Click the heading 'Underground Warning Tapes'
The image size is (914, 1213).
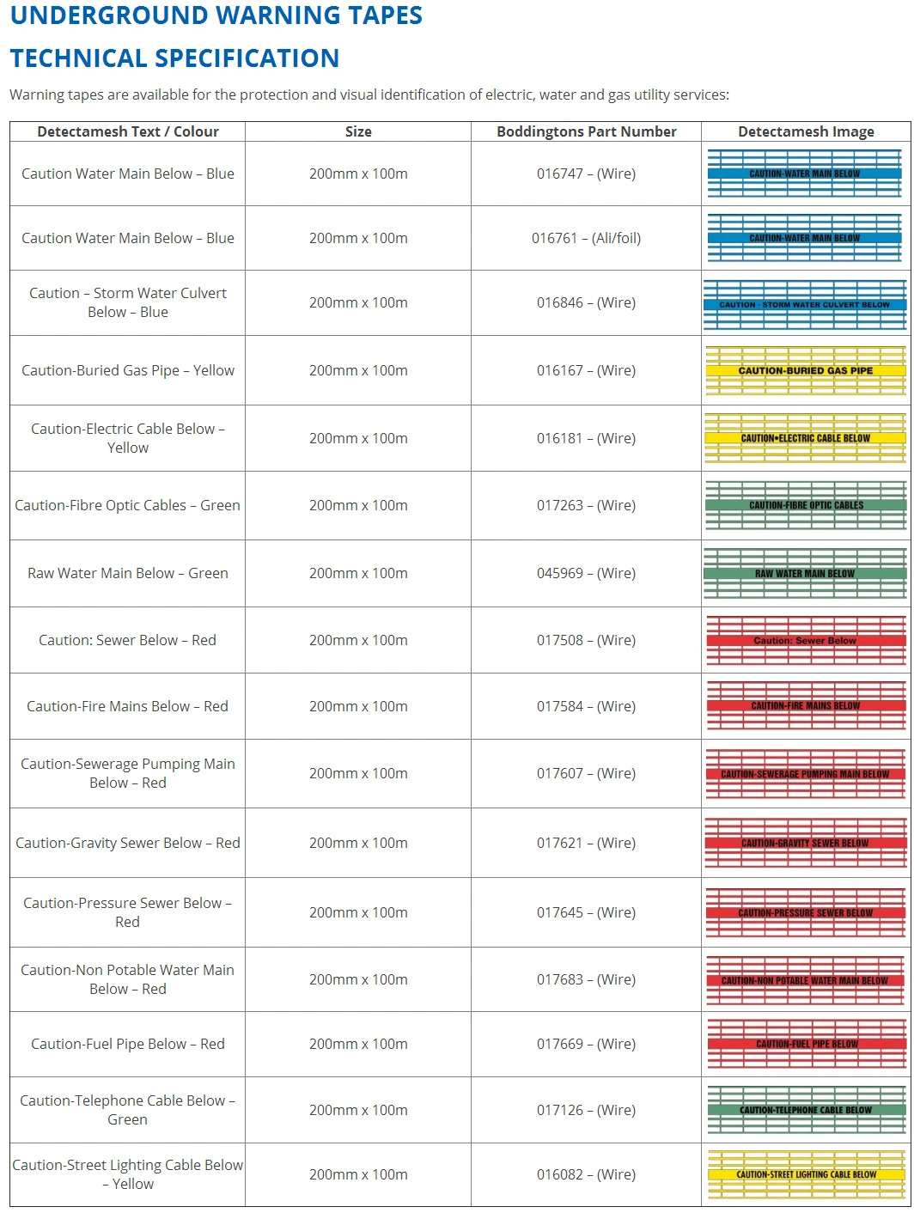216,16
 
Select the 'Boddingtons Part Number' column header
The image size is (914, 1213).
586,131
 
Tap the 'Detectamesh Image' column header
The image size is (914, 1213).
806,131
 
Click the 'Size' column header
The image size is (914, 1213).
358,131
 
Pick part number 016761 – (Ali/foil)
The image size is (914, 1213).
586,238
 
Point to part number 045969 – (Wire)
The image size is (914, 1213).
586,573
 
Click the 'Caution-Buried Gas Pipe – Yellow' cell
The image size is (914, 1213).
128,370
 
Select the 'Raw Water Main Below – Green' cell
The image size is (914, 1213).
128,573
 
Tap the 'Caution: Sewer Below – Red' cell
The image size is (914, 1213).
128,640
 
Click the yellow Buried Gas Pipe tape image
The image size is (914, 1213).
805,370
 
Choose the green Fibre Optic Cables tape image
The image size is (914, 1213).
805,505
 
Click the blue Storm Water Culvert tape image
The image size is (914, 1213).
805,304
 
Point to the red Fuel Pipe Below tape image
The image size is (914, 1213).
805,1044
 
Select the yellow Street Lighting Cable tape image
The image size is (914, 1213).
805,1174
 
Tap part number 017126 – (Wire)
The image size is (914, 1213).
586,1110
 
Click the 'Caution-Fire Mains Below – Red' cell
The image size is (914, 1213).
128,706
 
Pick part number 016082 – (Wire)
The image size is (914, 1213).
586,1174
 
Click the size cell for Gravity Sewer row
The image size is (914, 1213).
358,843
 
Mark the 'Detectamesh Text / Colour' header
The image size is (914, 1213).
128,131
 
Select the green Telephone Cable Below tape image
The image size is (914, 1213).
805,1110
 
